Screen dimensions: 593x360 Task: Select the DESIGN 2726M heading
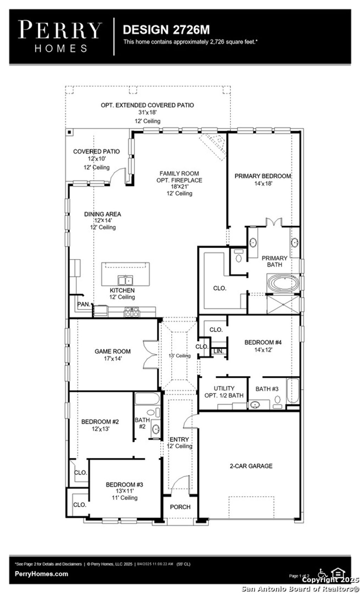coord(166,30)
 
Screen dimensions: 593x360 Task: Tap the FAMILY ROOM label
coord(179,173)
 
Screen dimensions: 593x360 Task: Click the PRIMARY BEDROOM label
coord(263,176)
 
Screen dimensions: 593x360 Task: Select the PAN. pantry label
coord(84,304)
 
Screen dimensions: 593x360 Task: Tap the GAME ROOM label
coord(112,351)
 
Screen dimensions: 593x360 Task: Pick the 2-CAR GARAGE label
coord(251,466)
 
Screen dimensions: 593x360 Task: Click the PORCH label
coord(180,507)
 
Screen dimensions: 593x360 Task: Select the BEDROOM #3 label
coord(124,485)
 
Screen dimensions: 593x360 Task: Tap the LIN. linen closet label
coord(218,351)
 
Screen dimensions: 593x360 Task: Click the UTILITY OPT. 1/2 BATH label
coord(224,392)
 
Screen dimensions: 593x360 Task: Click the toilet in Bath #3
coord(278,400)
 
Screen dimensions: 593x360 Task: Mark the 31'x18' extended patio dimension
coord(147,113)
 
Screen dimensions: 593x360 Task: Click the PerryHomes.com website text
coord(41,574)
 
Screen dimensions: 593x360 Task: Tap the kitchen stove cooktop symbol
coord(131,312)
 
